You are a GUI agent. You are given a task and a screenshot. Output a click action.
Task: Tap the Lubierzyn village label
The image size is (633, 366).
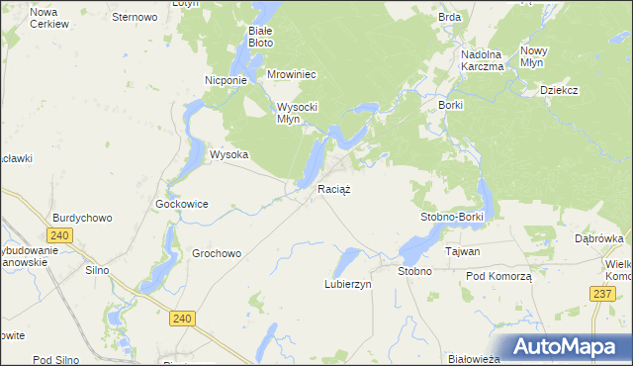pyautogui.click(x=347, y=284)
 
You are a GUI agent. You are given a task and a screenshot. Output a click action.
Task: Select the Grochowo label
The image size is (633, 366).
pyautogui.click(x=217, y=253)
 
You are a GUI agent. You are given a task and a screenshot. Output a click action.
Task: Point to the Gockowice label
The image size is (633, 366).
pyautogui.click(x=182, y=204)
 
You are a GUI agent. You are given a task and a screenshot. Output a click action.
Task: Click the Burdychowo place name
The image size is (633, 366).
pyautogui.click(x=82, y=218)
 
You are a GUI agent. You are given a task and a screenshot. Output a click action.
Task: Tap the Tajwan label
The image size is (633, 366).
pyautogui.click(x=462, y=251)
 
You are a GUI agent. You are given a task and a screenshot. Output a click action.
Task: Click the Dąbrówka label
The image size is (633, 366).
pyautogui.click(x=598, y=238)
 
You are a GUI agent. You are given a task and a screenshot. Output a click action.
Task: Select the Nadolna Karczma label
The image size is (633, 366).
pyautogui.click(x=483, y=60)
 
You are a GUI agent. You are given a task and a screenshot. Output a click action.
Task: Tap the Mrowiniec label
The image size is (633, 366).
pyautogui.click(x=291, y=73)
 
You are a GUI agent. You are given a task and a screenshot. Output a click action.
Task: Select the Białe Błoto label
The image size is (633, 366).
pyautogui.click(x=260, y=37)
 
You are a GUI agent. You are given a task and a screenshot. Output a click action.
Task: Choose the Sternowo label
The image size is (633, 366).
pyautogui.click(x=135, y=17)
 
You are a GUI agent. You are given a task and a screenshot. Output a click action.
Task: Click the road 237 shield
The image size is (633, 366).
pyautogui.click(x=602, y=294)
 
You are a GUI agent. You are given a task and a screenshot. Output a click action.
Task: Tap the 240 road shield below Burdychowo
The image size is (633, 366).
pyautogui.click(x=59, y=235)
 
